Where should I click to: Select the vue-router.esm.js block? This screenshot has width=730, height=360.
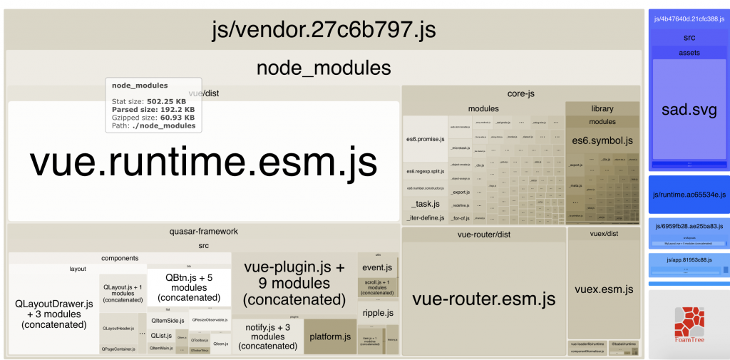click(x=484, y=298)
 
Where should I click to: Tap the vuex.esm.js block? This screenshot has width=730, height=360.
click(x=604, y=289)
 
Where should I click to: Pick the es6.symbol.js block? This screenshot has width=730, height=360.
click(x=602, y=140)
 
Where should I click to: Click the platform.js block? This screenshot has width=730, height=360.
click(x=331, y=336)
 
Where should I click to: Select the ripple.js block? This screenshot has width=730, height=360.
click(x=378, y=312)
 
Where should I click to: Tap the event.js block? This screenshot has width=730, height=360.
click(x=378, y=267)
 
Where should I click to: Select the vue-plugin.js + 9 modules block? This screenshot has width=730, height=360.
click(x=294, y=284)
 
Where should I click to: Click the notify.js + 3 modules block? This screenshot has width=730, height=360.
click(x=268, y=336)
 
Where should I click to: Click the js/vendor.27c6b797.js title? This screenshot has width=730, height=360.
click(x=324, y=31)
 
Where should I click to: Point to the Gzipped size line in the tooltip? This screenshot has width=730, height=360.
click(x=153, y=118)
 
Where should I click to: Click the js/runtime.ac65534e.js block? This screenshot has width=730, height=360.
click(x=689, y=195)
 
